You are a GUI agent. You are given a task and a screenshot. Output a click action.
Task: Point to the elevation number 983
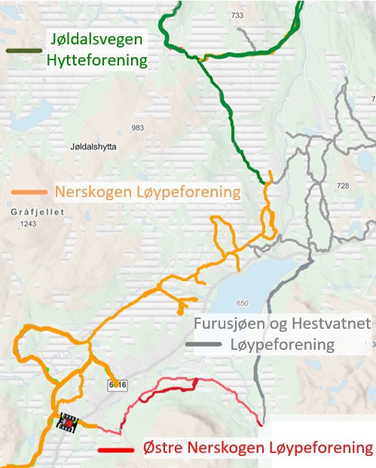(137, 129)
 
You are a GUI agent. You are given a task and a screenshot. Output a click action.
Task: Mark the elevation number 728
(343, 185)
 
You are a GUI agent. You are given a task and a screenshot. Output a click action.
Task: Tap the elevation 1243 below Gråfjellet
(29, 224)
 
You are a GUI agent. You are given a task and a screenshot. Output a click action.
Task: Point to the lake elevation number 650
(241, 303)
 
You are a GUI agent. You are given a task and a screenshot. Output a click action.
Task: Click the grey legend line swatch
(203, 345)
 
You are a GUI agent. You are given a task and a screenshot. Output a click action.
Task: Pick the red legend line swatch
(117, 449)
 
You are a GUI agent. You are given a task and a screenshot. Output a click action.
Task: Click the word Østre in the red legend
(164, 448)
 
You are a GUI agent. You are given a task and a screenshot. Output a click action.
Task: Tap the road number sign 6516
(117, 385)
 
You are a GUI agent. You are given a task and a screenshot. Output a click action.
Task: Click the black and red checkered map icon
(69, 424)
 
